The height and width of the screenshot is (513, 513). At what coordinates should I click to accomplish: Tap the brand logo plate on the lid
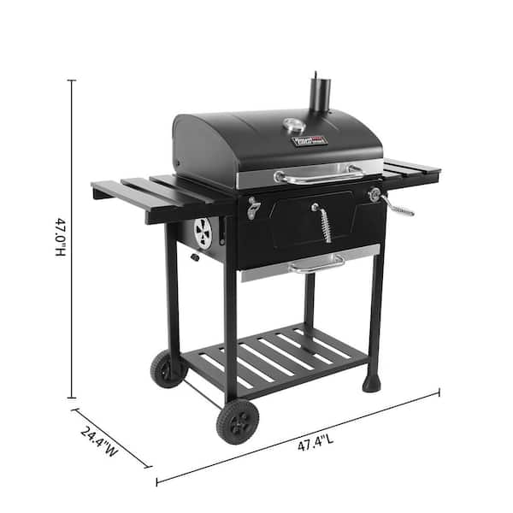[x=305, y=138]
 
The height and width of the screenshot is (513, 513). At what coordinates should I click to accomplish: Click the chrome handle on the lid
[x=318, y=177]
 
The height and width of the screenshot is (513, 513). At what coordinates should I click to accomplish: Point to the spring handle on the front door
[x=325, y=224]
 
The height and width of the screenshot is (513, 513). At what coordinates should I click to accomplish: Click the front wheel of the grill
[x=238, y=421]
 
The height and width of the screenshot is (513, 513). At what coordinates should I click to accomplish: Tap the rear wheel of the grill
[x=167, y=369]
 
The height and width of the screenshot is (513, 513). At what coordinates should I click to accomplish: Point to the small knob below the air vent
[x=196, y=256]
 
